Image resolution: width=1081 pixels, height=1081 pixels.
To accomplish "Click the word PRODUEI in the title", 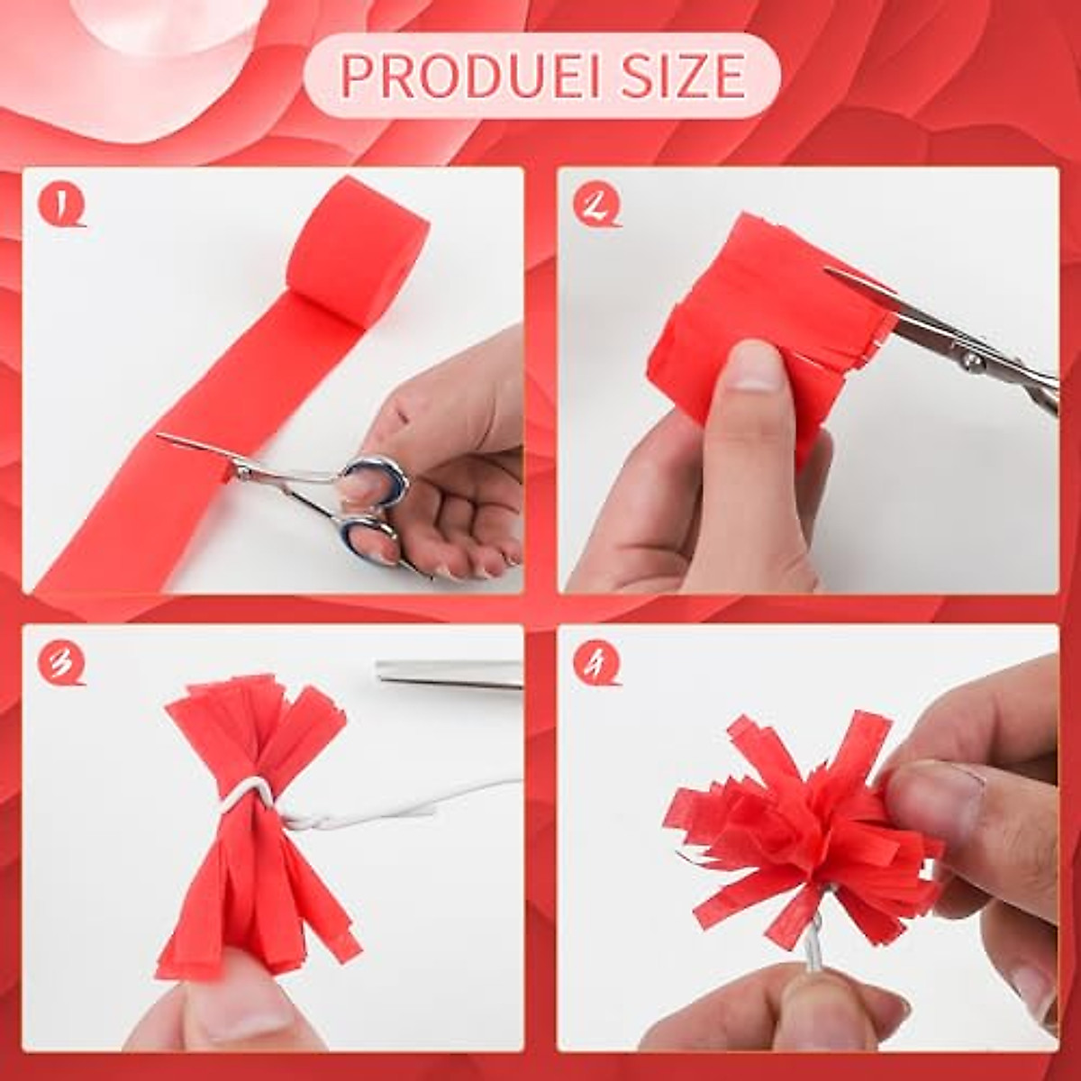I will pos(468,76).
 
